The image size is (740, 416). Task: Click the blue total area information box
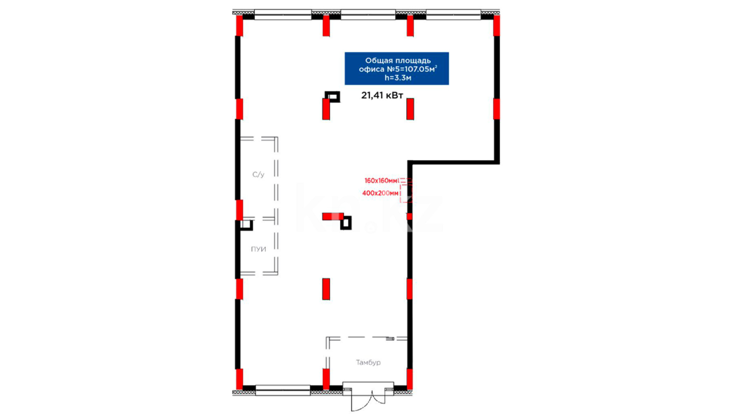coord(397,69)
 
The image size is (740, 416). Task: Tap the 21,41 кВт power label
coord(382,95)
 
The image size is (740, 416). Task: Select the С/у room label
coord(258,174)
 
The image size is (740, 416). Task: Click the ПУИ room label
coord(258,249)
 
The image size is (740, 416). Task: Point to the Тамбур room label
coord(368,362)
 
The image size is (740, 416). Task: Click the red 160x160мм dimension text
coord(381,181)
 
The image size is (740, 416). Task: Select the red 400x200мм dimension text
coord(380,193)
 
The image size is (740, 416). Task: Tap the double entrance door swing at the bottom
coord(368,401)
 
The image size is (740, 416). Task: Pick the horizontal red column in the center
coord(333,216)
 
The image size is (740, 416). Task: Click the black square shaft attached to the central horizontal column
coord(346,223)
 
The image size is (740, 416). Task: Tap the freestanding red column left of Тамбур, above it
coord(326,289)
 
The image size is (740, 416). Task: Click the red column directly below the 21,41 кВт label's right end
coord(410,109)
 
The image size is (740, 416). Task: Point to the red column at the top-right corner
coord(497,26)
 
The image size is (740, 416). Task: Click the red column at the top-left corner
coord(239,26)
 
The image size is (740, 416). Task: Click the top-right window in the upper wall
coord(453,15)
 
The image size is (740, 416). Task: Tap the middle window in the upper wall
coord(368,15)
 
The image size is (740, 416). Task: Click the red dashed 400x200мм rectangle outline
coord(406,193)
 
